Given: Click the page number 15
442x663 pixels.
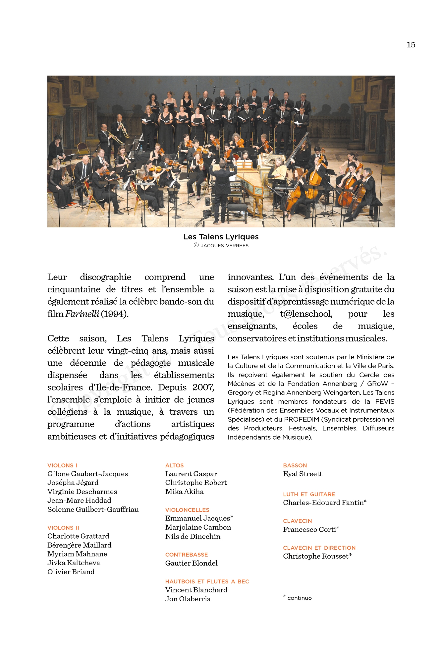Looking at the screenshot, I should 411,45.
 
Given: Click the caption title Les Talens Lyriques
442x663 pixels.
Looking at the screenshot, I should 221,237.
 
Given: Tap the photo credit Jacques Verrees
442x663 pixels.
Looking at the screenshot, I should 224,246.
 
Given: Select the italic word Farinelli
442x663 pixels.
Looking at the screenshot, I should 82,314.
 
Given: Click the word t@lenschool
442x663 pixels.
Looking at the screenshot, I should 306,314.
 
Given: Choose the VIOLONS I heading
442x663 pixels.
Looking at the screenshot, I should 62,465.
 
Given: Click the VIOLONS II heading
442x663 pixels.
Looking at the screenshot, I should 63,528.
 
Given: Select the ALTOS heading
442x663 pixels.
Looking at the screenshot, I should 174,465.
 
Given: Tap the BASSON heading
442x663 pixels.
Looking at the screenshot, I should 295,465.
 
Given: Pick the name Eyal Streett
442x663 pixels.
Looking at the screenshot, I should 303,474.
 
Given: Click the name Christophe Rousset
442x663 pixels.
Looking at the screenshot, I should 316,556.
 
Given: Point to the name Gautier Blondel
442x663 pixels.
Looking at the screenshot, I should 192,563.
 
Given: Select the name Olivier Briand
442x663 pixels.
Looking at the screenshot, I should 71,572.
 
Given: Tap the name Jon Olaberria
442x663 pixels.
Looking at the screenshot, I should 188,599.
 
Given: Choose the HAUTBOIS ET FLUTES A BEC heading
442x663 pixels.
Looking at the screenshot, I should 207,581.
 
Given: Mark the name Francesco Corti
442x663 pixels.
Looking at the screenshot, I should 310,530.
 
